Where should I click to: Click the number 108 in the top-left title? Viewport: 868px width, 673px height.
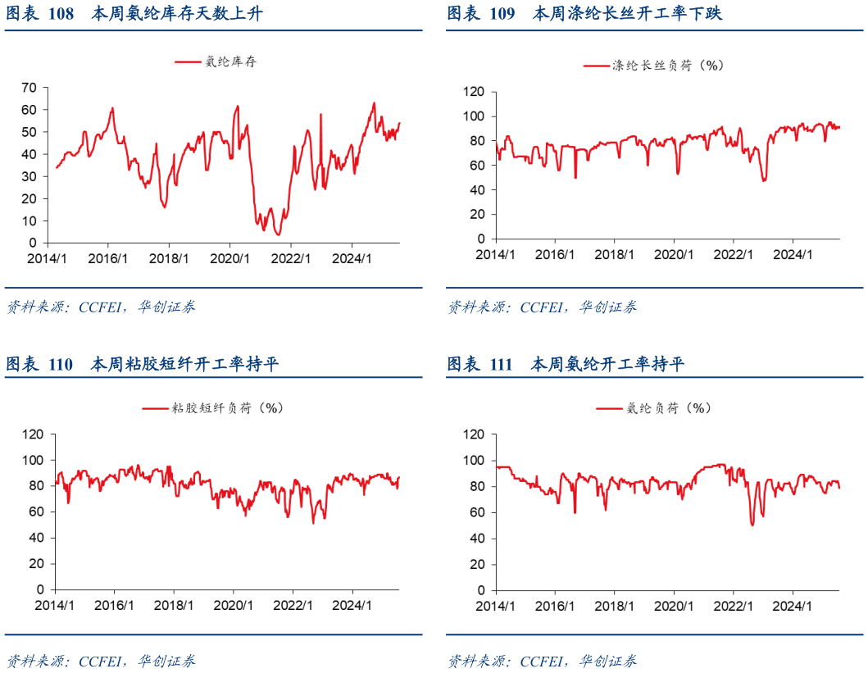(x=61, y=14)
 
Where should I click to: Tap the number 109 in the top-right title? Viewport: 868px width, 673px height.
(x=502, y=14)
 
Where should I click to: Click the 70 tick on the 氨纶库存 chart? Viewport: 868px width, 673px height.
(x=29, y=87)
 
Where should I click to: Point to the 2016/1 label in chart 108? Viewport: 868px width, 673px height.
(x=107, y=258)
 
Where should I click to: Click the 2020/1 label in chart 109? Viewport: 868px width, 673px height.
(x=673, y=254)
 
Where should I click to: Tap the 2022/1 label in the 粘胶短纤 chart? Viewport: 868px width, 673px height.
(x=293, y=605)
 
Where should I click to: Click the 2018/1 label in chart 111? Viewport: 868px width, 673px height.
(x=614, y=605)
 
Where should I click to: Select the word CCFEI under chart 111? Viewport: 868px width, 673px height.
(x=543, y=661)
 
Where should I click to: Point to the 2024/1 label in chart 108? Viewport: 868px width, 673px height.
(x=352, y=258)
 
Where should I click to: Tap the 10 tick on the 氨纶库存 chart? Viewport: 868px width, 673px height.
(x=29, y=221)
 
